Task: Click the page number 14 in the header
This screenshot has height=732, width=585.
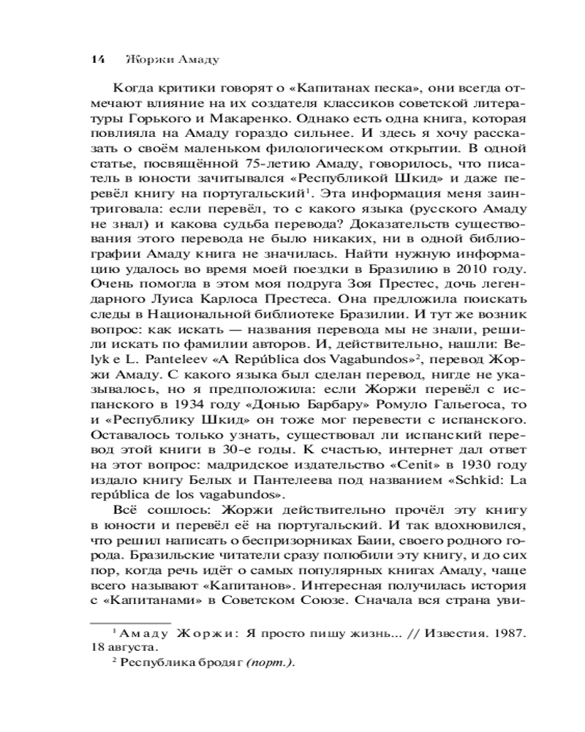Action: click(x=97, y=59)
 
